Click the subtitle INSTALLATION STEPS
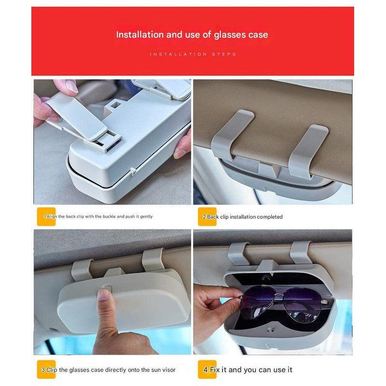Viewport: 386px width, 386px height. pos(193,54)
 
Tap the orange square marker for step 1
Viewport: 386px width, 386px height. pos(46,217)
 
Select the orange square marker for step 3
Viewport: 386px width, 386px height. pos(46,370)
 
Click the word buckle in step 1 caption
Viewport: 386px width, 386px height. pos(109,217)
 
